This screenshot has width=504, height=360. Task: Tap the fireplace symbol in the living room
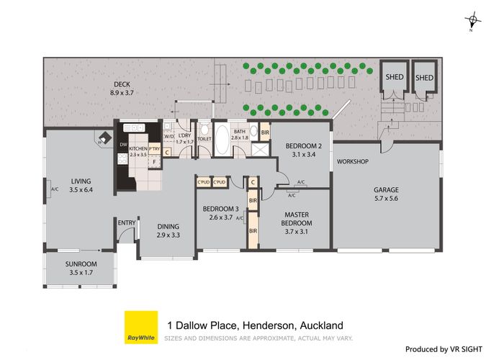[104, 138]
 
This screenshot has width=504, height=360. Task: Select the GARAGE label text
[386, 190]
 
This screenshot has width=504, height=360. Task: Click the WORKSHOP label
[353, 161]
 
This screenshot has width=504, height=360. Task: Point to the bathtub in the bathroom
[221, 140]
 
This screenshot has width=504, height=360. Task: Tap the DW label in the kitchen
[123, 144]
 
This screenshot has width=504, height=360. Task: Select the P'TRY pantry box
[153, 151]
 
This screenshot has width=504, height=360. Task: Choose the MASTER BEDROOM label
[297, 218]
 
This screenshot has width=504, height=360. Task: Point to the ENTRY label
[127, 222]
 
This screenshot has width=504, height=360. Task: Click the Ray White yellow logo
[141, 328]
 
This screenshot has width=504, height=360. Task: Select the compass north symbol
[472, 22]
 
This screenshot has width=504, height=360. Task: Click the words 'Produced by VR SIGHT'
[451, 349]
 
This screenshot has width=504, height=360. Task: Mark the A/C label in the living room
[55, 190]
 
